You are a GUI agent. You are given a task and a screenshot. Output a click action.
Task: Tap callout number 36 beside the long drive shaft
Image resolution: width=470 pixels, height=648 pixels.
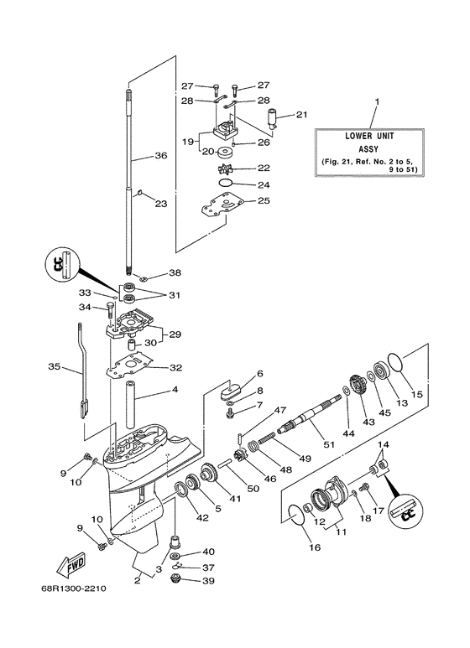click(161, 155)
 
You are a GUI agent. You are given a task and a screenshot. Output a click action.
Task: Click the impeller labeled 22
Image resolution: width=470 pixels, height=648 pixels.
click(222, 168)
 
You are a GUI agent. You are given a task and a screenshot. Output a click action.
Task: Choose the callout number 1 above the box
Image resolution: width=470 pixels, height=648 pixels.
click(376, 101)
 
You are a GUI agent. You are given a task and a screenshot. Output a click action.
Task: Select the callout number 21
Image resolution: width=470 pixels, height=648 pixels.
click(301, 115)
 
